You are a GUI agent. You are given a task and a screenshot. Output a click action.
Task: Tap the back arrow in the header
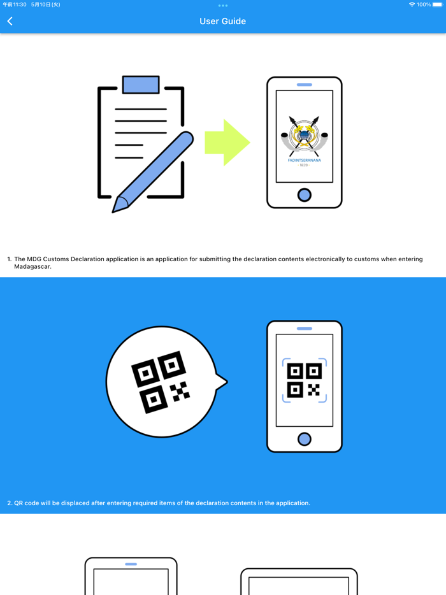pos(10,21)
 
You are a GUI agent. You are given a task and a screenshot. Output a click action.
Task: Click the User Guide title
pos(222,21)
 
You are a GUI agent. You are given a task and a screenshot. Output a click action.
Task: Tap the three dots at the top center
pos(222,6)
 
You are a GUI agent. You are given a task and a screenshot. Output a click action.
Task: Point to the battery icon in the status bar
pos(438,4)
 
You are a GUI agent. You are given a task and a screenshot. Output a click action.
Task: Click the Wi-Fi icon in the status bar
pos(412,4)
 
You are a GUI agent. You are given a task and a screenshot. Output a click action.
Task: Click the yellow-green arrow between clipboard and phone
pos(227,142)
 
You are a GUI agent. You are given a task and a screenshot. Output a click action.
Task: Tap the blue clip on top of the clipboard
pos(141,85)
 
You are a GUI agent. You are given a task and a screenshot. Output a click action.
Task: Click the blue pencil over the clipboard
pos(153,172)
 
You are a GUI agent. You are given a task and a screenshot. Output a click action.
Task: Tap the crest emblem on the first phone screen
pos(304,136)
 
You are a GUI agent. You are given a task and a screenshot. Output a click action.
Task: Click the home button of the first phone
pos(305,195)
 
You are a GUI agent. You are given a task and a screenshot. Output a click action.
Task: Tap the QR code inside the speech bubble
pos(161,381)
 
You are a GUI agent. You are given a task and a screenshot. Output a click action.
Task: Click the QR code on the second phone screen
pos(305,380)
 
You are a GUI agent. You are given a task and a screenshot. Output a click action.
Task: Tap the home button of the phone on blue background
pos(305,439)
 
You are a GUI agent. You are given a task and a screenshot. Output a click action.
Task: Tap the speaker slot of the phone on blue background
pos(305,329)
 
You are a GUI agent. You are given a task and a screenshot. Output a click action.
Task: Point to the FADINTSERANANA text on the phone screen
pos(305,161)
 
